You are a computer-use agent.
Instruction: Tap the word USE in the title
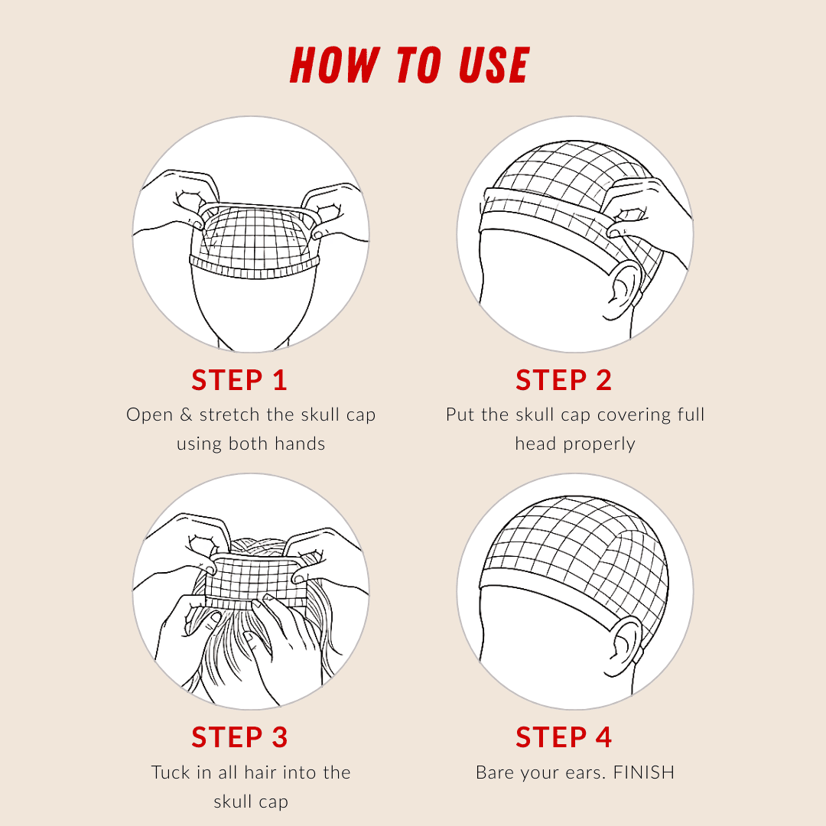point(493,66)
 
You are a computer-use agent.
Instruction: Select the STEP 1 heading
point(239,380)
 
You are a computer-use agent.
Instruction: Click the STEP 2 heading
point(564,380)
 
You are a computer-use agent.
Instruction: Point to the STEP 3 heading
point(239,737)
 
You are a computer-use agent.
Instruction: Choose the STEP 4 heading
point(564,737)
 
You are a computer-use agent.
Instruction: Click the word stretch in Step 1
point(230,415)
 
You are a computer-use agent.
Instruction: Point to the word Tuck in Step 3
point(170,772)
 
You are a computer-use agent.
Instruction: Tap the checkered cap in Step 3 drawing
point(252,577)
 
